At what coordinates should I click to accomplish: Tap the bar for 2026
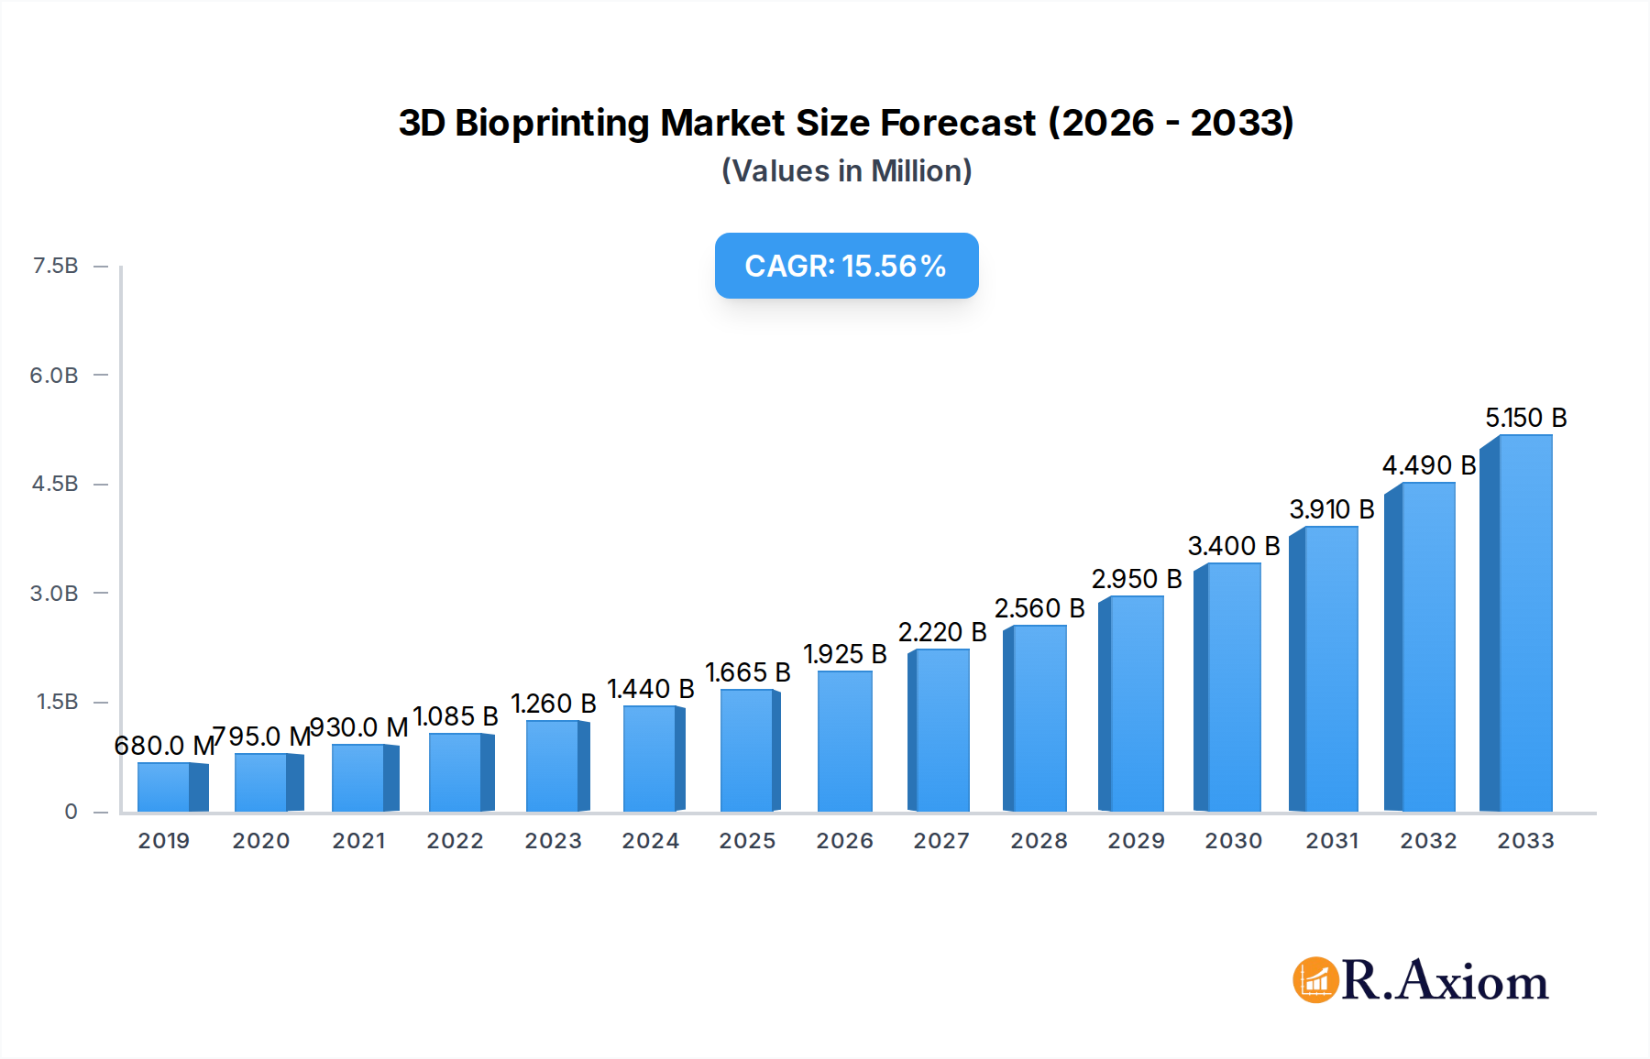click(x=844, y=741)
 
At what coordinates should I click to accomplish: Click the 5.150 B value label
click(x=1525, y=418)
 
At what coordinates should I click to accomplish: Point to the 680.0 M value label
click(x=163, y=746)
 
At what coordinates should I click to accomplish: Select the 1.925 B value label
click(x=844, y=654)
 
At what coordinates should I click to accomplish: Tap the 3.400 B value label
click(x=1233, y=546)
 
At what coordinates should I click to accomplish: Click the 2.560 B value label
click(x=1039, y=608)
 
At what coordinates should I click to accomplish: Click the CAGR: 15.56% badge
click(x=846, y=266)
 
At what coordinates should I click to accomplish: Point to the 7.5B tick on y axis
click(x=55, y=266)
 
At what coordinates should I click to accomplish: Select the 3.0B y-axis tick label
click(x=54, y=593)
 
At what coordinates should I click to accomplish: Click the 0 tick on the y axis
click(x=71, y=811)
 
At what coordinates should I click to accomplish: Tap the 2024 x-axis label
click(x=650, y=840)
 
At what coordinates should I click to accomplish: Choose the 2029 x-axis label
click(x=1136, y=840)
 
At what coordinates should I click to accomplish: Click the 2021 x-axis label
click(x=358, y=840)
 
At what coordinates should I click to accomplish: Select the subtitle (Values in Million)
click(x=846, y=170)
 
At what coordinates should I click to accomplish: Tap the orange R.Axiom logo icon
click(x=1315, y=980)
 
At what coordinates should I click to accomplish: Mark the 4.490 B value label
click(x=1428, y=465)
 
